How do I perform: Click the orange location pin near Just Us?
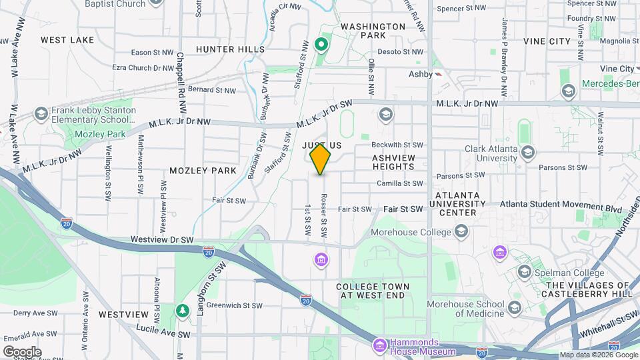pyautogui.click(x=320, y=159)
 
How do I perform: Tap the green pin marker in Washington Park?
pyautogui.click(x=321, y=45)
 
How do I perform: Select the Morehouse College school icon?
pyautogui.click(x=461, y=231)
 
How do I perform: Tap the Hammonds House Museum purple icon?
pyautogui.click(x=380, y=345)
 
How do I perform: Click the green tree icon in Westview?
pyautogui.click(x=183, y=311)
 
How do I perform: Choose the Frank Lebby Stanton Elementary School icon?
pyautogui.click(x=41, y=114)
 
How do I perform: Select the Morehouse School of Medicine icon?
pyautogui.click(x=514, y=308)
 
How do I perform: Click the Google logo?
pyautogui.click(x=22, y=351)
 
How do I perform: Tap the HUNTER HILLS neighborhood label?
pyautogui.click(x=230, y=49)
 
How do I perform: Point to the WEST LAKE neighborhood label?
pyautogui.click(x=67, y=40)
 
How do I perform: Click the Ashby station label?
pyautogui.click(x=421, y=75)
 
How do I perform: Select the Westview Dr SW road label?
pyautogui.click(x=162, y=239)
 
